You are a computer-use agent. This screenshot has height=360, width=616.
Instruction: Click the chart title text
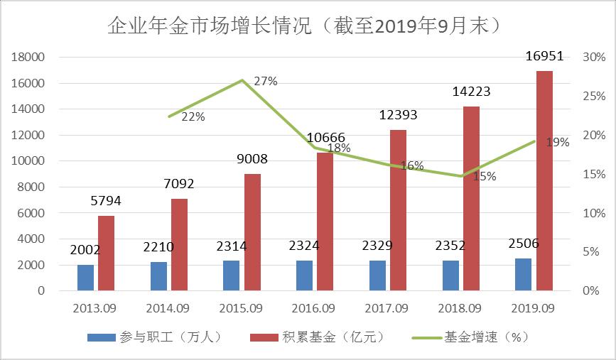click(307, 26)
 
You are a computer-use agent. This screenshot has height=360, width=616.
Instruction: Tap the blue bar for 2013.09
click(85, 277)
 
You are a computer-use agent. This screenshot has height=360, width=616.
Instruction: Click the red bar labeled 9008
click(252, 231)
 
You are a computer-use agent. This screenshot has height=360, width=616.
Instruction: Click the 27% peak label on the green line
click(265, 81)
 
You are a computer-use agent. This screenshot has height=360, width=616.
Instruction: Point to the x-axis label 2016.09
click(313, 308)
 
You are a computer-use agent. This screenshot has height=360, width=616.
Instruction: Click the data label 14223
click(471, 92)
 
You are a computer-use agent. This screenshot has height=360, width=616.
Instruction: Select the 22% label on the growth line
click(193, 117)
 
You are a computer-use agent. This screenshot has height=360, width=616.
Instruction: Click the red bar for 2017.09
click(398, 210)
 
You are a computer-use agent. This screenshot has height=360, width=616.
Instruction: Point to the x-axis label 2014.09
click(168, 308)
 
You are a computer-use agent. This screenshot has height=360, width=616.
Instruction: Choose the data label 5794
click(106, 201)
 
